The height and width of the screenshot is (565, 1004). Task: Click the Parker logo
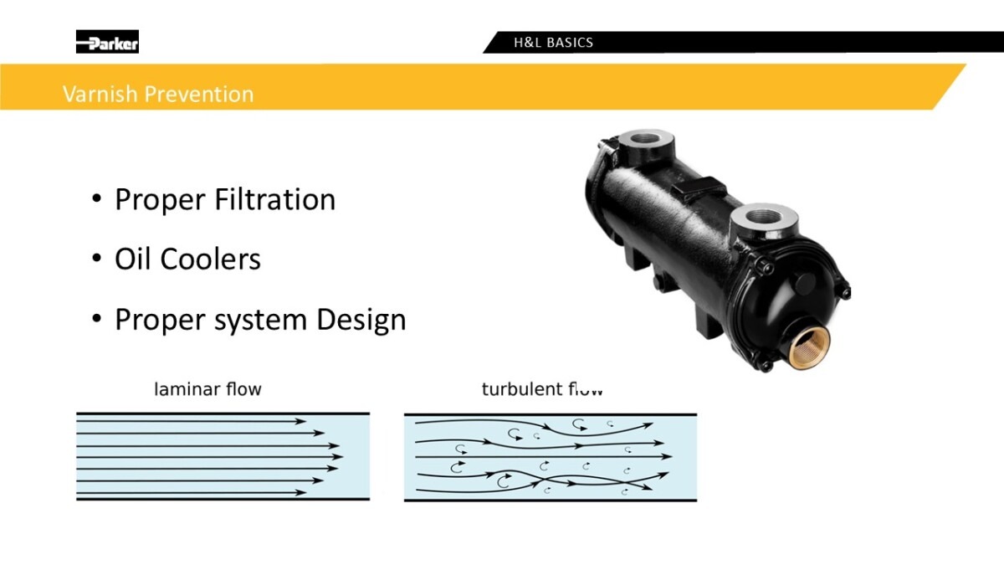[107, 42]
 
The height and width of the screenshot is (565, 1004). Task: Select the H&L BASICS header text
[553, 43]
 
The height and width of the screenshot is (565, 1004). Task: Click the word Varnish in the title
[100, 94]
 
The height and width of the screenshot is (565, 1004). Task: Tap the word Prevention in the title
[199, 94]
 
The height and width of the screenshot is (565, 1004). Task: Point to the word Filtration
[275, 199]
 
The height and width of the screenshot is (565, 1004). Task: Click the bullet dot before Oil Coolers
[96, 259]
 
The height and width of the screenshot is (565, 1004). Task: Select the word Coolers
[210, 259]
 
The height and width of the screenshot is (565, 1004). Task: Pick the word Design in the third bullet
[361, 320]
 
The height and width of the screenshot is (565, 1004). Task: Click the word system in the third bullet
[260, 322]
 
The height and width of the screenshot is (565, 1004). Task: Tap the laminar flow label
[207, 388]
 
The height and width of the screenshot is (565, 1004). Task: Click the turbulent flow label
[542, 388]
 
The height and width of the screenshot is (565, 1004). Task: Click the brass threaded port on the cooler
[809, 347]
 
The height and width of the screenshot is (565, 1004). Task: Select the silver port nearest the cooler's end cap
[765, 222]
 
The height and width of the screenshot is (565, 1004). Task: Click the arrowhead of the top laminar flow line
[300, 421]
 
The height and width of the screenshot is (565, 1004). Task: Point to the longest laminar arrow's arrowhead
[337, 457]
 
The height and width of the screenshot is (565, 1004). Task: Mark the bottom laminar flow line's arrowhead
[300, 492]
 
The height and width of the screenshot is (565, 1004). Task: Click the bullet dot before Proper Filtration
[96, 198]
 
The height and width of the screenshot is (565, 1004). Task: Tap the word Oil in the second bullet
[132, 259]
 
